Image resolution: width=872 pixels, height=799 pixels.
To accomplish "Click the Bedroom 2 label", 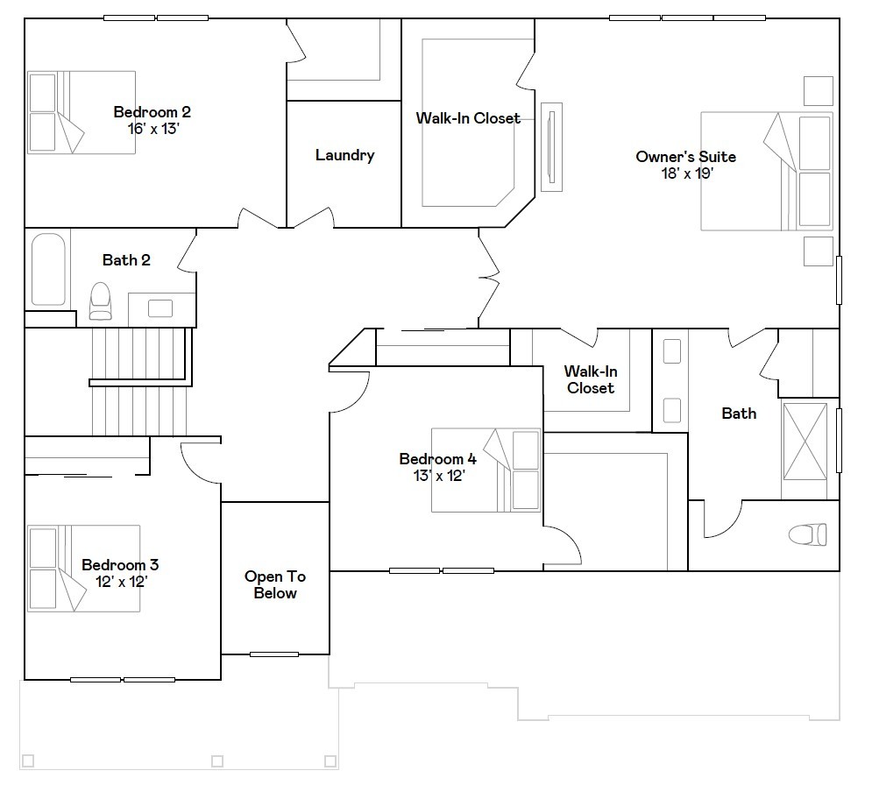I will point(152,112).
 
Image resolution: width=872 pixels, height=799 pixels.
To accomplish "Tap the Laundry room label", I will point(344,155).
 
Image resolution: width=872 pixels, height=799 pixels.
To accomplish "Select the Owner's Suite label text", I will point(685,157).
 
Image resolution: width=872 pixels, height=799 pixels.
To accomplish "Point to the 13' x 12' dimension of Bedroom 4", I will point(437,476).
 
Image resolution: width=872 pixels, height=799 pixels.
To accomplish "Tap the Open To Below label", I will point(275,584).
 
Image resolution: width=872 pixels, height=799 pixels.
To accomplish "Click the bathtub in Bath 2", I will point(48,269).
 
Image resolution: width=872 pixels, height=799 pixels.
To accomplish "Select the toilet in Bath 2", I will point(101,301).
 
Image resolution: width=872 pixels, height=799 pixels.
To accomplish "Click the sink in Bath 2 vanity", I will point(160,308).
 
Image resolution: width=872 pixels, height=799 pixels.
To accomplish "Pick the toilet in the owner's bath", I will point(807,534).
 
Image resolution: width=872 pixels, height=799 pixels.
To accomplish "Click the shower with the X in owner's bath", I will point(805,441).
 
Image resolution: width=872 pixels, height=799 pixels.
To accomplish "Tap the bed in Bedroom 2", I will point(82,112).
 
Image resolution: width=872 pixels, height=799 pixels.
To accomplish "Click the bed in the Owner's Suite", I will point(766,171).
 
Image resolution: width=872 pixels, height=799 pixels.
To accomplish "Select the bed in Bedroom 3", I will point(83,568).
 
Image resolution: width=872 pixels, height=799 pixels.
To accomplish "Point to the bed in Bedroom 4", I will point(486,470).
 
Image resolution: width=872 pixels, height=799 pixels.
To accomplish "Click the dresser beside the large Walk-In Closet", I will point(551,146).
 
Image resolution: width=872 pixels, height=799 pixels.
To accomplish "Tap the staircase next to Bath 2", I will point(140,381).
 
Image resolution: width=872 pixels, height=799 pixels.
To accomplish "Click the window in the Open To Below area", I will point(274,654).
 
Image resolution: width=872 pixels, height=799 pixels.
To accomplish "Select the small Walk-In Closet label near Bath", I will point(590,379).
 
